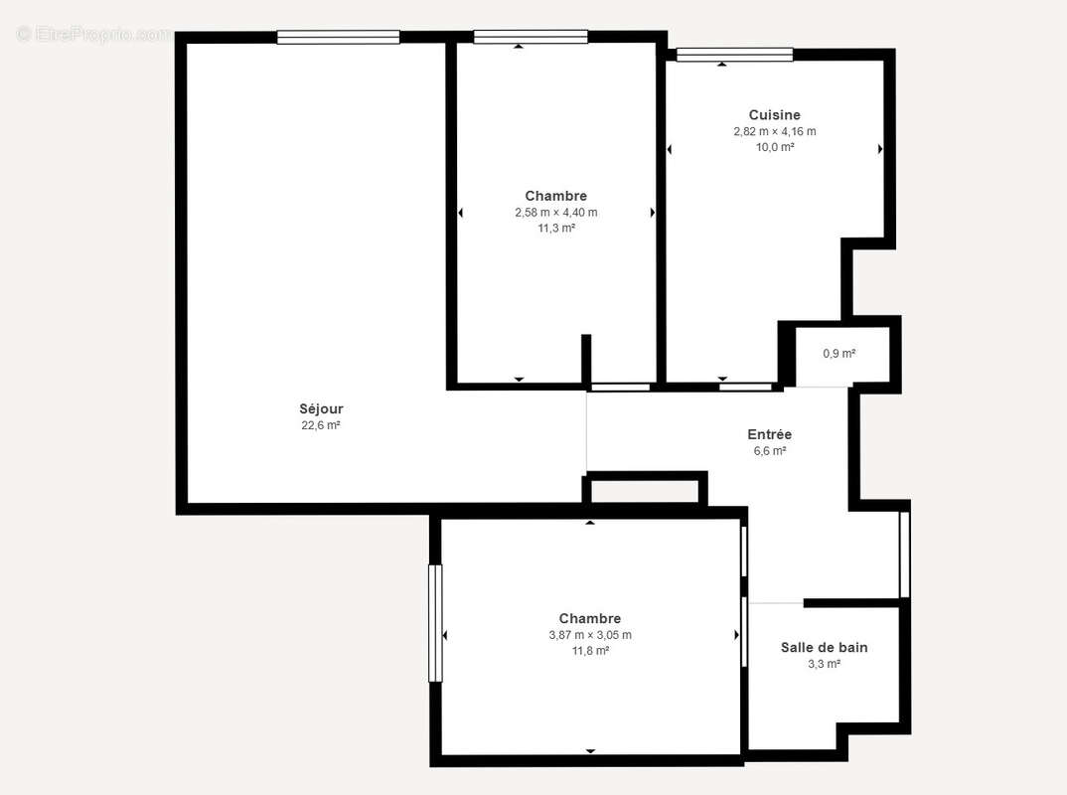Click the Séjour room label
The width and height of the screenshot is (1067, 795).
pyautogui.click(x=321, y=408)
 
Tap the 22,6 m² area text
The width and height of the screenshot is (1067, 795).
pyautogui.click(x=321, y=425)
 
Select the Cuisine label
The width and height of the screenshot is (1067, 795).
pyautogui.click(x=774, y=115)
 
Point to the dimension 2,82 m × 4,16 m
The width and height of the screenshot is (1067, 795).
pyautogui.click(x=774, y=131)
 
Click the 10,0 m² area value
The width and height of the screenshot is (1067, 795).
pyautogui.click(x=774, y=147)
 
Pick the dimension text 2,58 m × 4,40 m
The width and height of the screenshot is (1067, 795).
pyautogui.click(x=555, y=212)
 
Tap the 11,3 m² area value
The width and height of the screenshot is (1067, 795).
pyautogui.click(x=555, y=228)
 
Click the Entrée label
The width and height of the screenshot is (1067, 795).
pyautogui.click(x=769, y=434)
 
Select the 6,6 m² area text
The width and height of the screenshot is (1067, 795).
pyautogui.click(x=769, y=450)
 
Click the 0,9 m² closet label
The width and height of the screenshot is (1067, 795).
pyautogui.click(x=839, y=354)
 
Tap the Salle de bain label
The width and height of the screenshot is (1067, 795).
pyautogui.click(x=824, y=648)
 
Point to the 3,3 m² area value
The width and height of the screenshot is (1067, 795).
pyautogui.click(x=824, y=664)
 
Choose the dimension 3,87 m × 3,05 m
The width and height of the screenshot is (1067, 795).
pyautogui.click(x=589, y=635)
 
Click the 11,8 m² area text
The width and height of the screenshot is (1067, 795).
pyautogui.click(x=589, y=651)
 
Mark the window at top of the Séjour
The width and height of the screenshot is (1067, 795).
pyautogui.click(x=338, y=38)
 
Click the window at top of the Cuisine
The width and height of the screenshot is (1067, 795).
pyautogui.click(x=734, y=56)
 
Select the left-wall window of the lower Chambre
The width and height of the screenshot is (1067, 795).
pyautogui.click(x=435, y=623)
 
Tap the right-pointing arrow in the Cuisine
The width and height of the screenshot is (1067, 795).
pyautogui.click(x=880, y=149)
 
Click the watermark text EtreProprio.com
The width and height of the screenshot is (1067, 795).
pyautogui.click(x=93, y=34)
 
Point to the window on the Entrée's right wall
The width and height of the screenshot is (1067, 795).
pyautogui.click(x=904, y=554)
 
